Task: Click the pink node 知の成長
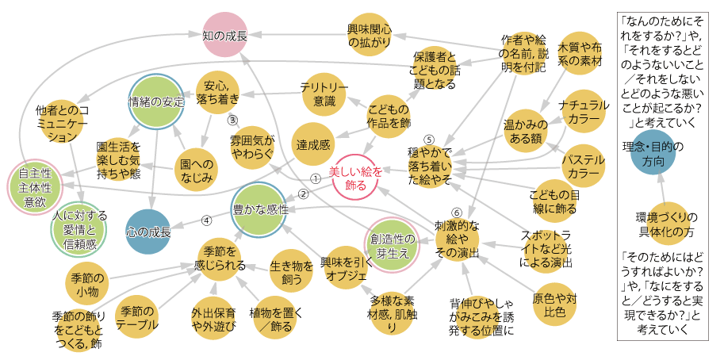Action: (x=225, y=35)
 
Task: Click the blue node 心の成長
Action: (x=149, y=232)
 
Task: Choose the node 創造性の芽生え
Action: (x=392, y=246)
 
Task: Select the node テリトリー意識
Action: (x=324, y=94)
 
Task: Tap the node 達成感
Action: (x=314, y=144)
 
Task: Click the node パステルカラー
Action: (x=584, y=166)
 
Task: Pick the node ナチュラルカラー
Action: (x=584, y=112)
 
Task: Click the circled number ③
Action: (x=232, y=121)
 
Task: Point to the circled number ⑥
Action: (x=456, y=213)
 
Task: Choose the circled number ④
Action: (x=206, y=220)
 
